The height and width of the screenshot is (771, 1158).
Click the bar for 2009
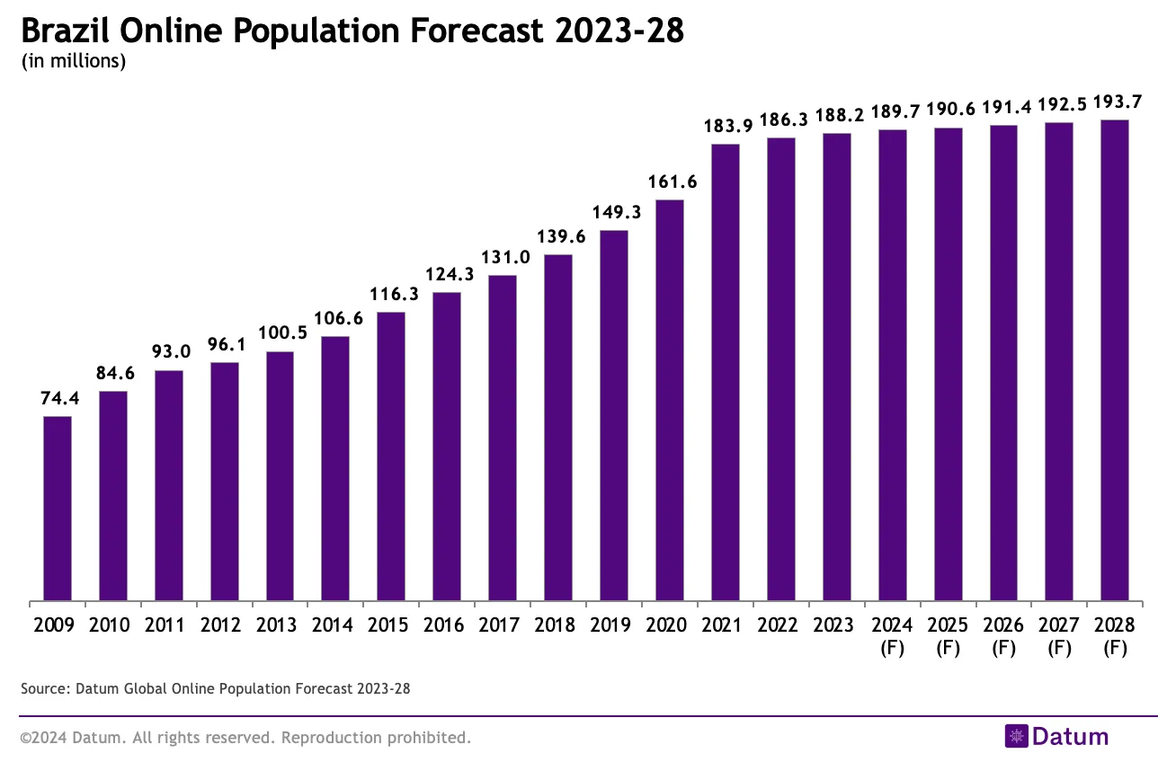(58, 509)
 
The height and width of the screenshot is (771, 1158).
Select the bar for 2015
(391, 456)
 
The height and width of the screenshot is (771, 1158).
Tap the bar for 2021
(726, 372)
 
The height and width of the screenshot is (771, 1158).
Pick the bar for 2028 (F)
(1115, 360)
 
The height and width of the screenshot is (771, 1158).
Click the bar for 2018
(558, 428)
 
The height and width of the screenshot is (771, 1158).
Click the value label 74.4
(60, 399)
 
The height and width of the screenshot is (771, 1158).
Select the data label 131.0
(503, 257)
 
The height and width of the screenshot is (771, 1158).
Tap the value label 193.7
(1116, 101)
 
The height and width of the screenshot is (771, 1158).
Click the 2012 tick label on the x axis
(225, 625)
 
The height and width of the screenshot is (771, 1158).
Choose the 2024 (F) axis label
(893, 635)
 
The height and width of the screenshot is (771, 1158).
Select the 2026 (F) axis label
(1004, 635)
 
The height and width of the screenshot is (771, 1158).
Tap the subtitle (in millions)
(73, 62)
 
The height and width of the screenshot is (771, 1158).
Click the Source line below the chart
(215, 689)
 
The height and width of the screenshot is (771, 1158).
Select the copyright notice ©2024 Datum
(245, 738)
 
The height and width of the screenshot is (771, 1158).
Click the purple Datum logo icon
(1016, 737)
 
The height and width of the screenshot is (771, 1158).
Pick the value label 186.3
(782, 120)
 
